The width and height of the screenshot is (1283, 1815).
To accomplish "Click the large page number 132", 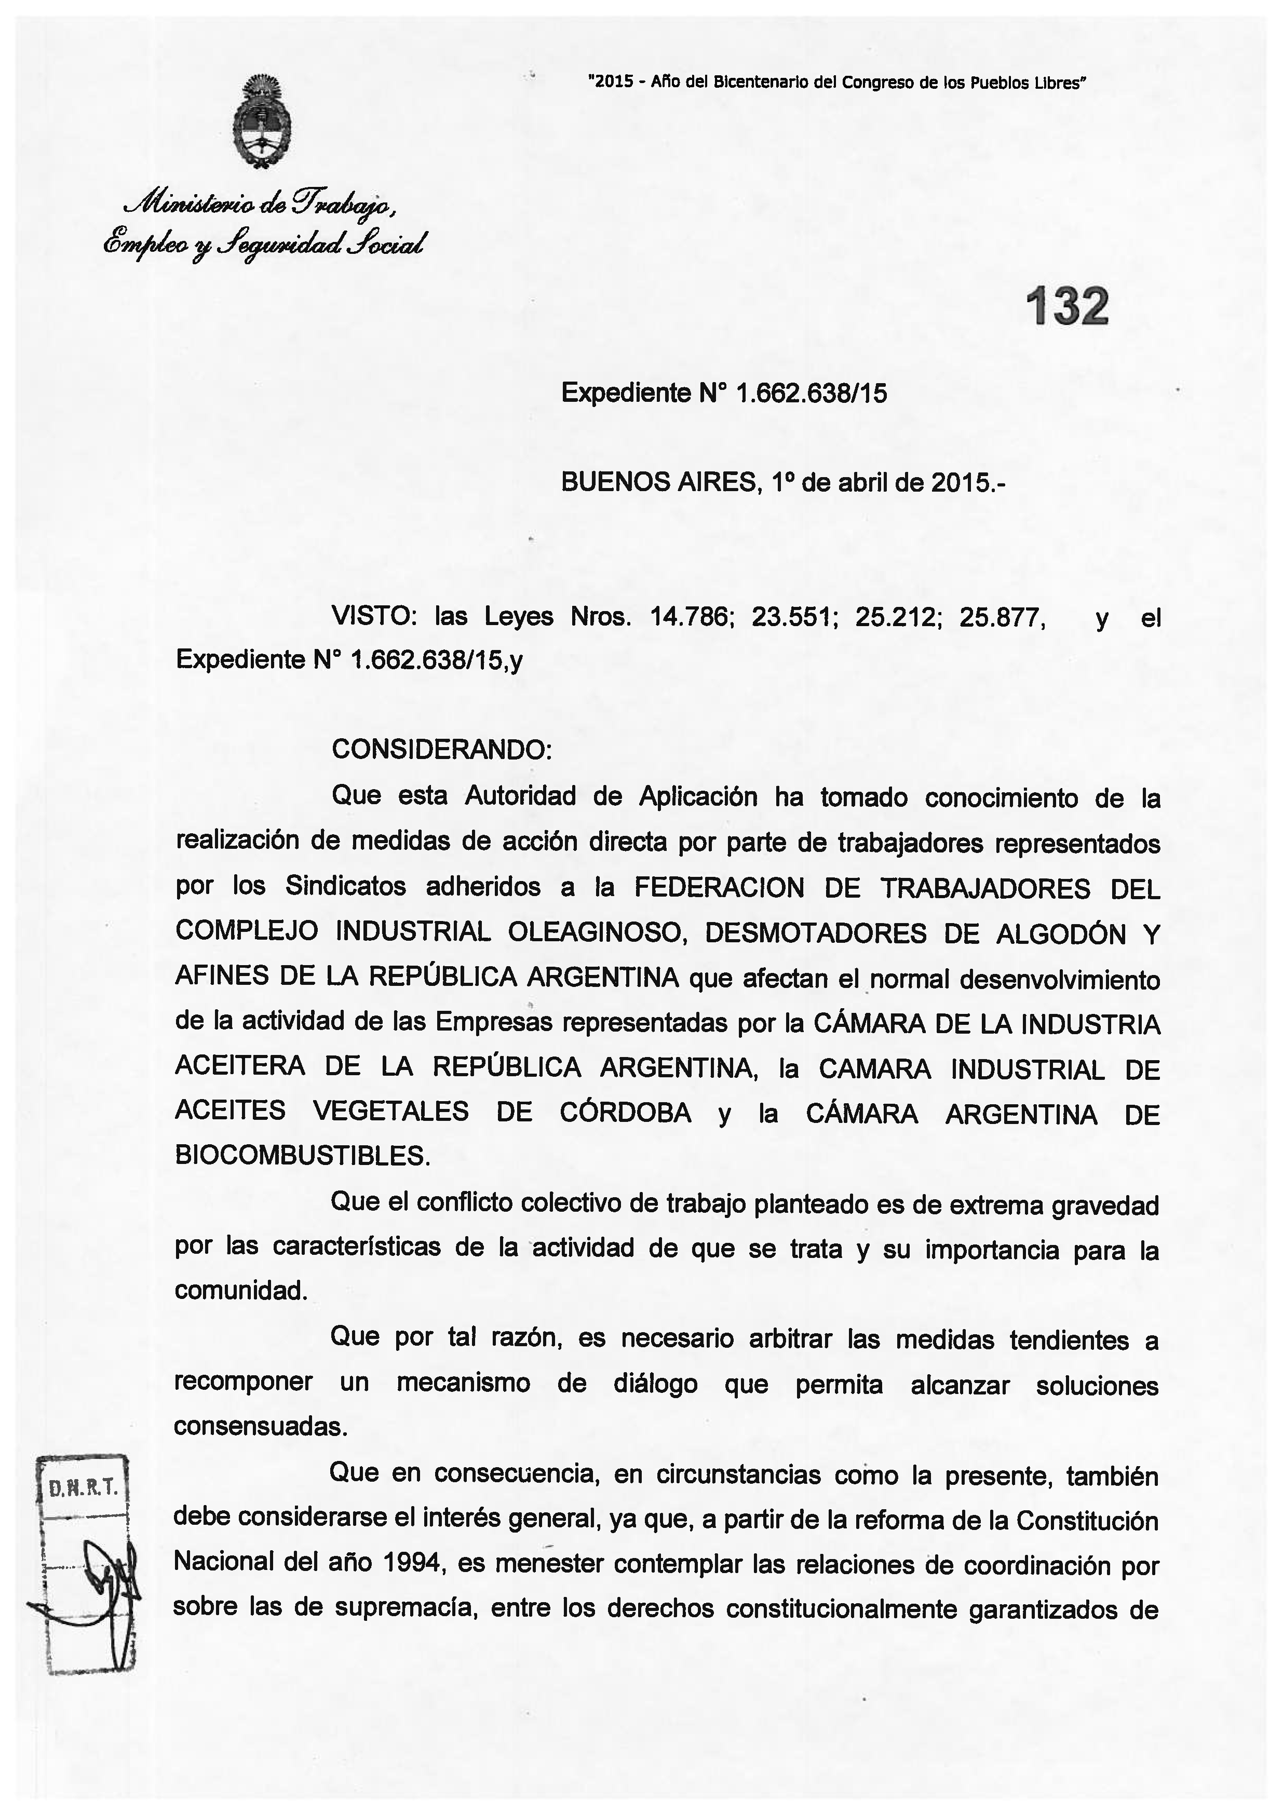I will (x=1066, y=307).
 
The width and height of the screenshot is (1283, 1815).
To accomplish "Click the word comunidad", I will (x=240, y=1290).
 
